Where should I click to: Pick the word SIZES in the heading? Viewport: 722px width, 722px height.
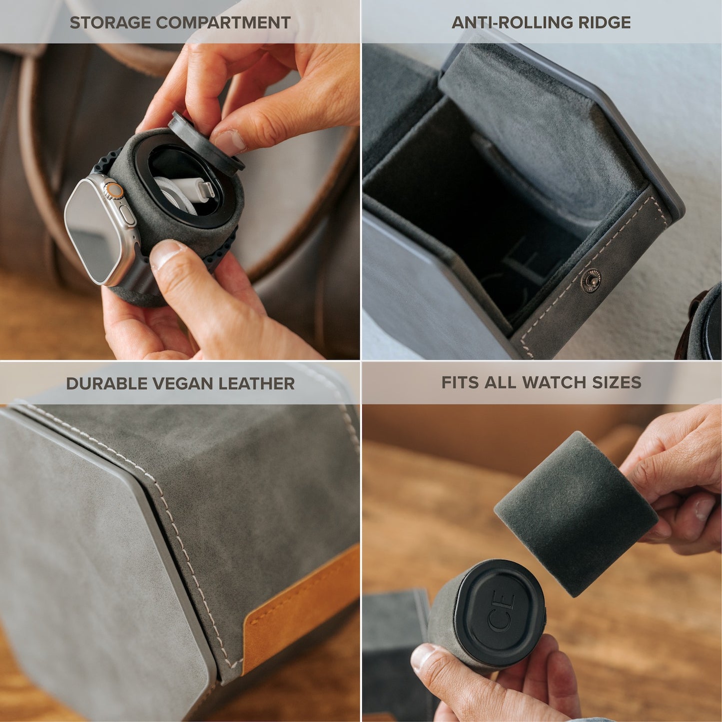point(617,382)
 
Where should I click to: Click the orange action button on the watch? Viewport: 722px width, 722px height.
point(115,190)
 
